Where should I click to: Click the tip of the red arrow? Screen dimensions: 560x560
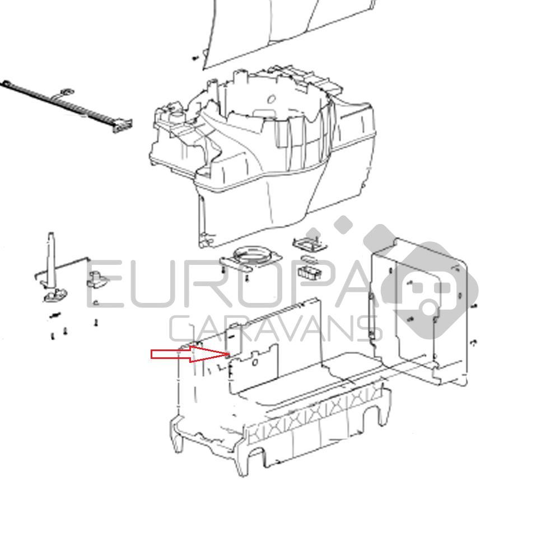click(x=230, y=354)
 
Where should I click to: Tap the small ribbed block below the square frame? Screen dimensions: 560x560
click(x=310, y=272)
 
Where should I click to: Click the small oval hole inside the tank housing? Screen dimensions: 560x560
click(x=272, y=99)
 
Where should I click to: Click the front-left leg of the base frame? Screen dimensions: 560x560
click(x=178, y=436)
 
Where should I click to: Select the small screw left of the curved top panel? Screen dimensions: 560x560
click(x=195, y=58)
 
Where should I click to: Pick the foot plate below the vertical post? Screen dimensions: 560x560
click(x=55, y=295)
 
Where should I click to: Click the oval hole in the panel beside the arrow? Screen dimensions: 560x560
click(x=255, y=362)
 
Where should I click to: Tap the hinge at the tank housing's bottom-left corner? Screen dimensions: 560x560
click(x=205, y=240)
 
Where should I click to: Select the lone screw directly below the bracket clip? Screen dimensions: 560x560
click(x=96, y=323)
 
